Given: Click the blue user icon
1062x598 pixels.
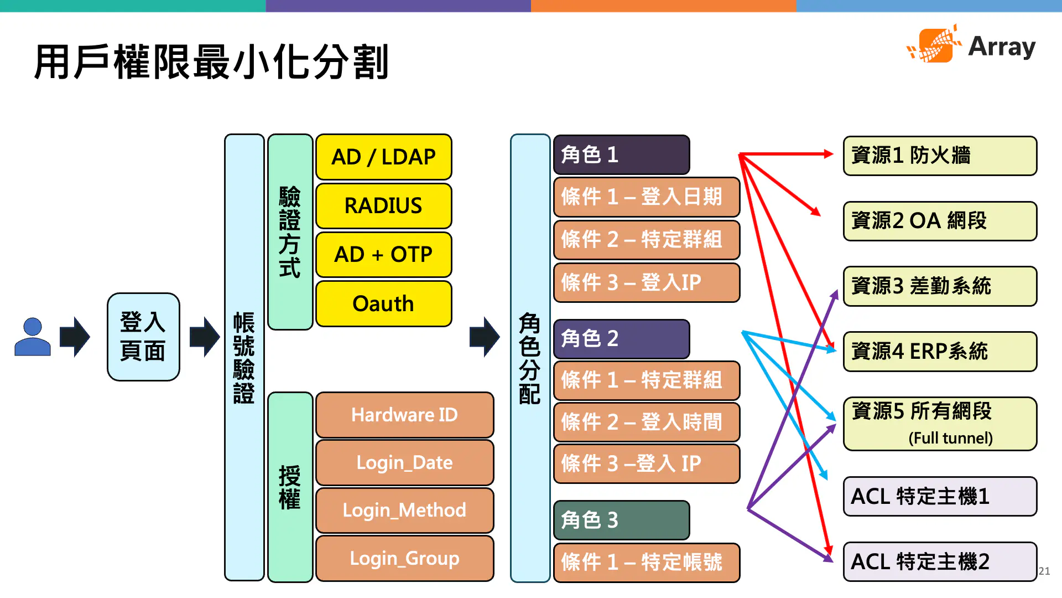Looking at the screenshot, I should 33,337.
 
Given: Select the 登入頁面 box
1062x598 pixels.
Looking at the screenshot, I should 143,337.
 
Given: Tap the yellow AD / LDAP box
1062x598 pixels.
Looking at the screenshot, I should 383,157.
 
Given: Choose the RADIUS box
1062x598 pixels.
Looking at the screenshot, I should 383,205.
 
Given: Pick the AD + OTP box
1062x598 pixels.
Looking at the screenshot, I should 383,254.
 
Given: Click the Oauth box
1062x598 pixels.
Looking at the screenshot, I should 383,303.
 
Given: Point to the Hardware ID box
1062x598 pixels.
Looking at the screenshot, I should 404,415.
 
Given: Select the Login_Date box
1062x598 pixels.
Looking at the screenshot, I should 404,462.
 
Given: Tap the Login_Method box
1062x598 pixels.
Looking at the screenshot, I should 404,510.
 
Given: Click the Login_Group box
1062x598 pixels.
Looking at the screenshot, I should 404,558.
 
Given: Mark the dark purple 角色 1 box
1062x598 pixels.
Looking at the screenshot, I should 621,154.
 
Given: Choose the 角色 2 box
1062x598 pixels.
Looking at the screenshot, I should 621,338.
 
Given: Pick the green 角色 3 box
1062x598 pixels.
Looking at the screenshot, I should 621,520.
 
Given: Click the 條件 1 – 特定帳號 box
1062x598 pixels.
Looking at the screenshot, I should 646,562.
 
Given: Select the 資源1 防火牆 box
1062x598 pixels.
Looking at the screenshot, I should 939,156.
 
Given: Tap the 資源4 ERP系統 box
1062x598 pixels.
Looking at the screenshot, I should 939,351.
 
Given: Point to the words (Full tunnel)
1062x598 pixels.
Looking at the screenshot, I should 950,438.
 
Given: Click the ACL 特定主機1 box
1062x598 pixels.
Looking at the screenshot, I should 939,496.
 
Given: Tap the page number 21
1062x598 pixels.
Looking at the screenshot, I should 1044,571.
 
